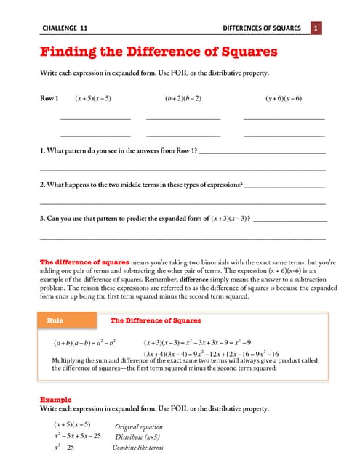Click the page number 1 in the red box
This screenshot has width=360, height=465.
coord(317,28)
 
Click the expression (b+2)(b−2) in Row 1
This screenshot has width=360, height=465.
coord(183,98)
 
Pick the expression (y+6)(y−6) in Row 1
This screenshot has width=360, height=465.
coord(283,98)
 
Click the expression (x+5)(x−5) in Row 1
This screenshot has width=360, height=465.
coord(93,98)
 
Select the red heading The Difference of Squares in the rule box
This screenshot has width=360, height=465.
coord(156,320)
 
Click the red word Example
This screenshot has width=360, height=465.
coord(55,400)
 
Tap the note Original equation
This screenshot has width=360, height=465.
coord(139,427)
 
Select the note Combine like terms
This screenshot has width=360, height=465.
coord(137,448)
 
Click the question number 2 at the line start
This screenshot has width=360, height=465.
coord(42,185)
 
